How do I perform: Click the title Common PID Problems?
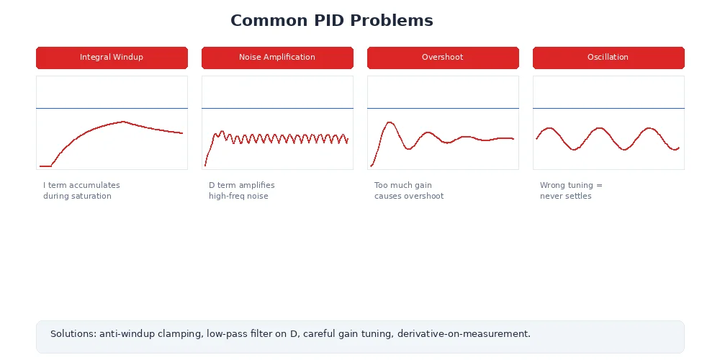332,21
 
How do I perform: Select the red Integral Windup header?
112,58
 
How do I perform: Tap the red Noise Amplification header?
277,58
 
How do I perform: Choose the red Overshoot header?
443,58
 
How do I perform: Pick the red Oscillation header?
608,58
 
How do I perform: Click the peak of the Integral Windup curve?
123,122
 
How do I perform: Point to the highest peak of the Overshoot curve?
390,122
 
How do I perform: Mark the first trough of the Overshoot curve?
409,149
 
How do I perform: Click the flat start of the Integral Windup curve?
45,166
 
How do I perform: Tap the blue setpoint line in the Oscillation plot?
608,108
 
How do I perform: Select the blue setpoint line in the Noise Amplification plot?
277,108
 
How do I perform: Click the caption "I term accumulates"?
81,186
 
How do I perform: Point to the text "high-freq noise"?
238,197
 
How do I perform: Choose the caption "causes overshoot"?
409,197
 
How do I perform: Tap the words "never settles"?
566,197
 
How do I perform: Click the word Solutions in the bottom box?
73,334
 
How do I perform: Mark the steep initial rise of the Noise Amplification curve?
208,152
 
